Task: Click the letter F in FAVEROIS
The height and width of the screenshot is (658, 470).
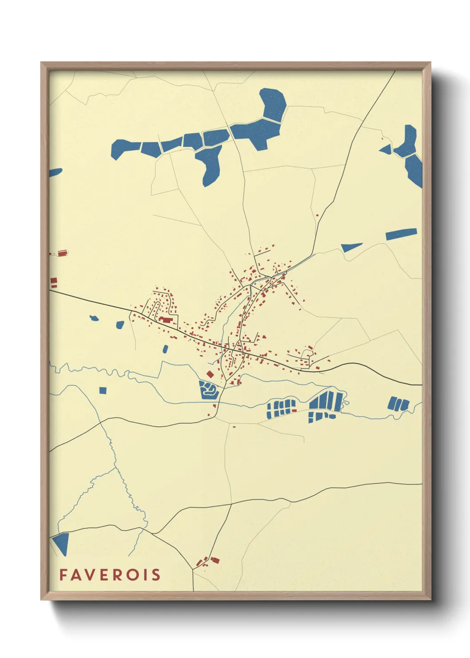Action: point(63,575)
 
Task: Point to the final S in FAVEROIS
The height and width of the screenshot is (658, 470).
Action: point(155,575)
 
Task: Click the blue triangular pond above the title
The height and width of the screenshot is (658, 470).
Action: point(61,542)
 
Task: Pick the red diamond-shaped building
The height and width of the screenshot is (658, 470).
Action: point(210,374)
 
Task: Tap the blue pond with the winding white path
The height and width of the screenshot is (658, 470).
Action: point(208,390)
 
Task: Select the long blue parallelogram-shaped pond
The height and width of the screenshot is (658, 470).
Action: point(401,234)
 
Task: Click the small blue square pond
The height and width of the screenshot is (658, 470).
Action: point(103,390)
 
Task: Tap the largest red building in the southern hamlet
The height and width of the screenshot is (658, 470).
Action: point(215,560)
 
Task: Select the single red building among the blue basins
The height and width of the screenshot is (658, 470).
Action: point(294,410)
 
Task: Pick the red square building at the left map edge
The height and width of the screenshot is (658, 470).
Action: point(54,282)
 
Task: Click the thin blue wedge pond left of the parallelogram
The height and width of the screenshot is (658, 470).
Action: point(351,247)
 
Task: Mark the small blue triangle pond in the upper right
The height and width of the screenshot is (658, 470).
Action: point(386,149)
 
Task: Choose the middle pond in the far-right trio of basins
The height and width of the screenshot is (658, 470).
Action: point(398,404)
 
